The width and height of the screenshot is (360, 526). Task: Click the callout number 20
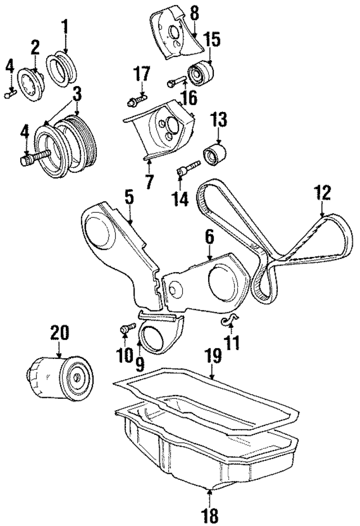pos(60,332)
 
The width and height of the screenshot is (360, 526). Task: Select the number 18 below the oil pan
pos(209,513)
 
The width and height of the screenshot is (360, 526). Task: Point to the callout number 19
pos(212,356)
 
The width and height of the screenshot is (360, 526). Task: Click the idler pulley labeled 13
pos(217,153)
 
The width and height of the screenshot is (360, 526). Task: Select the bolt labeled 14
pos(188,168)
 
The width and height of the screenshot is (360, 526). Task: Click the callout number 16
pos(189,99)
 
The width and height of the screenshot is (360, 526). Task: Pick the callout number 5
pos(128,198)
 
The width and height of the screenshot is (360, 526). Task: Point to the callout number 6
pos(209,237)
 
